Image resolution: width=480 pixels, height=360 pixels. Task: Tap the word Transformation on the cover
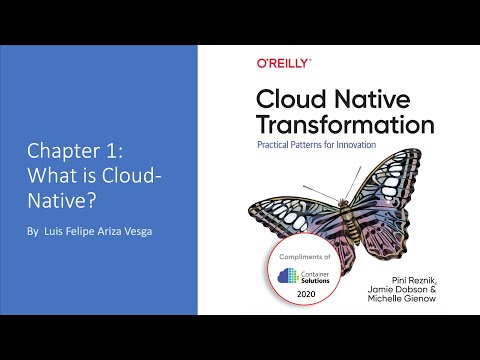pos(345,125)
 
